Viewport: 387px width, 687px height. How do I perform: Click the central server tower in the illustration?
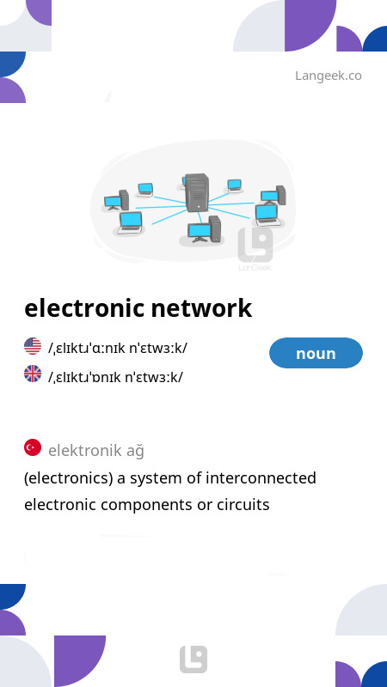click(x=197, y=192)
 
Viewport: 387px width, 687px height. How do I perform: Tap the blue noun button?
click(x=316, y=353)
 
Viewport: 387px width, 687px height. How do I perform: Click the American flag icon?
click(x=33, y=346)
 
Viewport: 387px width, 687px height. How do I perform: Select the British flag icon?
click(x=33, y=374)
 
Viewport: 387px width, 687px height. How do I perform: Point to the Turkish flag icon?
click(x=33, y=447)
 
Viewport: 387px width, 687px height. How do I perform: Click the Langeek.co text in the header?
click(x=329, y=76)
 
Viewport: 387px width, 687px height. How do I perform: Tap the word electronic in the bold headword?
click(x=84, y=308)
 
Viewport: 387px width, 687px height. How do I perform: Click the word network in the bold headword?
click(x=201, y=308)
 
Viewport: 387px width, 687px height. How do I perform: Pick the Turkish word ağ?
click(x=135, y=451)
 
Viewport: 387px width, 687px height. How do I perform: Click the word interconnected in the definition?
click(x=261, y=477)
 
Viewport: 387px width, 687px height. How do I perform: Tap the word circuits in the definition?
click(x=243, y=505)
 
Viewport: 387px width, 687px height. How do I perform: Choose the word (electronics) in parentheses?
click(x=69, y=478)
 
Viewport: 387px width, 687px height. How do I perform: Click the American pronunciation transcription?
click(x=118, y=349)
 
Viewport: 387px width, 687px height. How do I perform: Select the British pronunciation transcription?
click(x=116, y=376)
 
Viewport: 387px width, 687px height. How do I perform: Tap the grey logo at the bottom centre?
click(x=193, y=659)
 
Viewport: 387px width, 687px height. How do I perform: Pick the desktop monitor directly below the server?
click(x=198, y=232)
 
